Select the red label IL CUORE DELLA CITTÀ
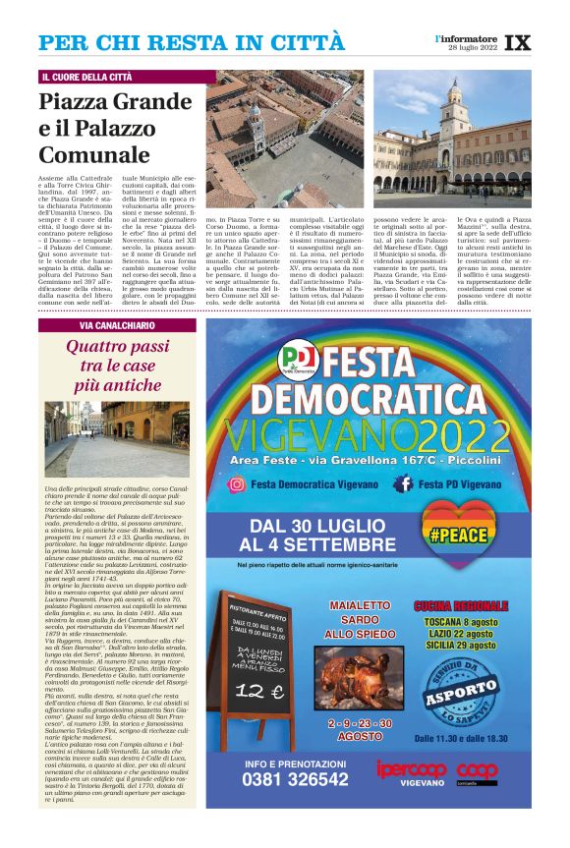coord(87,77)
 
